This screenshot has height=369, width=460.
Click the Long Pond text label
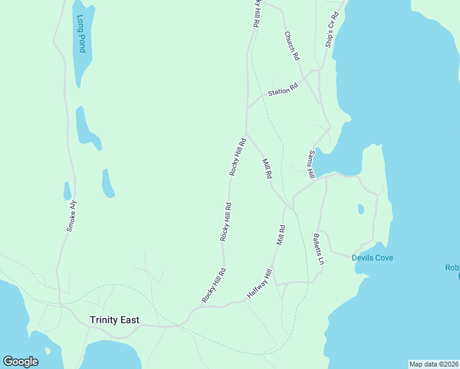pyautogui.click(x=81, y=33)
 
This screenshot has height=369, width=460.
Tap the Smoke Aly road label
pyautogui.click(x=72, y=216)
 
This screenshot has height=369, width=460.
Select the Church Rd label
pyautogui.click(x=291, y=46)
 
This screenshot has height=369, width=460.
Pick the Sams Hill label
pyautogui.click(x=312, y=164)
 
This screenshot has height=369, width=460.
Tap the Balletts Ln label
pyautogui.click(x=318, y=248)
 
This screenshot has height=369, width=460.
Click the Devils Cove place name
pyautogui.click(x=372, y=258)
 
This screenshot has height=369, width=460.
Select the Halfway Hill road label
pyautogui.click(x=260, y=284)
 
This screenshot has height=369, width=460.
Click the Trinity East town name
pyautogui.click(x=114, y=320)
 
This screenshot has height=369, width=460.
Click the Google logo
pyautogui.click(x=20, y=362)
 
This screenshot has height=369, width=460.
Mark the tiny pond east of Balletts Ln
pyautogui.click(x=361, y=209)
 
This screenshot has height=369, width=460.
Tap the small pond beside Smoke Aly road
pyautogui.click(x=67, y=191)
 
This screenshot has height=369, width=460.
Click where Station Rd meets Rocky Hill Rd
pyautogui.click(x=247, y=108)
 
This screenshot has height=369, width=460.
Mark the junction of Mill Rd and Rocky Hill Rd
pyautogui.click(x=247, y=133)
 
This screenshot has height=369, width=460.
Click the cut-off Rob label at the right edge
pyautogui.click(x=452, y=268)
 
